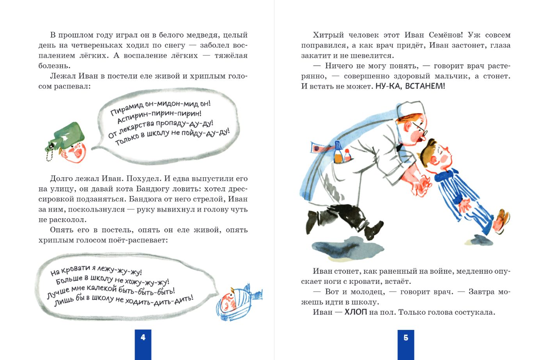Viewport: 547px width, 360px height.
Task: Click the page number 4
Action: click(143, 337)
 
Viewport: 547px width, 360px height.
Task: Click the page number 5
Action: click(406, 338)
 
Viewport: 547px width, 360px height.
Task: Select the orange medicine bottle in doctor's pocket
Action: click(338, 153)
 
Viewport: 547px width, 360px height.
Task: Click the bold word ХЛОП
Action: click(356, 312)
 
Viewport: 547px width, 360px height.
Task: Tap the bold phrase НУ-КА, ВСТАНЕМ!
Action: click(410, 86)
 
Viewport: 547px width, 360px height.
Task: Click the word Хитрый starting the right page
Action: click(328, 35)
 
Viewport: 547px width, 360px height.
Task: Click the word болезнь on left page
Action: click(54, 66)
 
